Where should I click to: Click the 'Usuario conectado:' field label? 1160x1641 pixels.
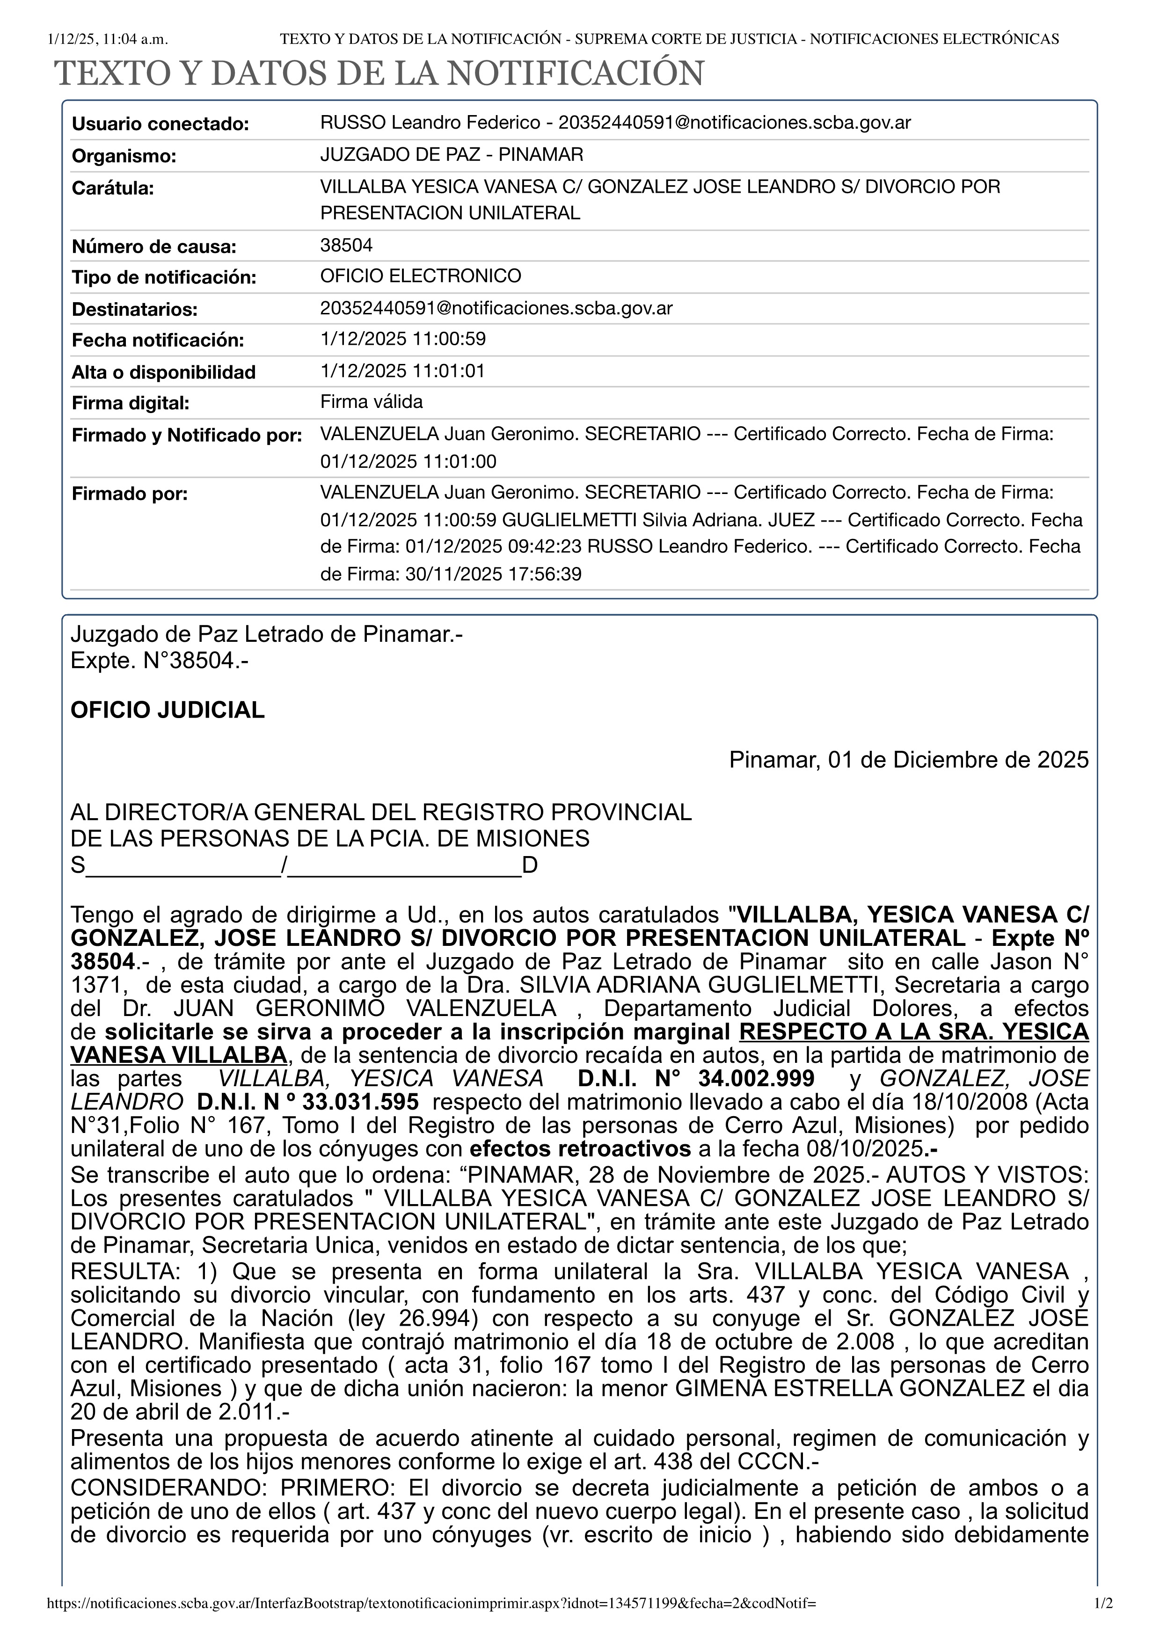(160, 124)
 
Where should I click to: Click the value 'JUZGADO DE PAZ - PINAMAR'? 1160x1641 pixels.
(452, 154)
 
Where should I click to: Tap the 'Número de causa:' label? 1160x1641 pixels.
(153, 247)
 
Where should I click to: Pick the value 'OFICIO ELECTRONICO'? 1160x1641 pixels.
(420, 276)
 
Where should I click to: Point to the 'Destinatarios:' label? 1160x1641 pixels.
(134, 310)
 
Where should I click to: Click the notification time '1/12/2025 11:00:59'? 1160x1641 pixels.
(403, 339)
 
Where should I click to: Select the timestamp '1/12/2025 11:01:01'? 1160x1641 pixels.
(402, 371)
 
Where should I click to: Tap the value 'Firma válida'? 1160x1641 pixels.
(371, 402)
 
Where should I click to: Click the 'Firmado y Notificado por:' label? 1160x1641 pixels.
(187, 435)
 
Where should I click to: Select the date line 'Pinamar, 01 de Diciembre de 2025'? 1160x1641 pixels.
(908, 760)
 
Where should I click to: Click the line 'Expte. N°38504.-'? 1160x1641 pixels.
(160, 661)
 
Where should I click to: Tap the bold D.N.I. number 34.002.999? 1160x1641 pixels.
(755, 1079)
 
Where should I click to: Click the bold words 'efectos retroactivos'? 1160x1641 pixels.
(580, 1148)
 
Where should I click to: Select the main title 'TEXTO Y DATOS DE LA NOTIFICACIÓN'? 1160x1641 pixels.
(379, 73)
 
